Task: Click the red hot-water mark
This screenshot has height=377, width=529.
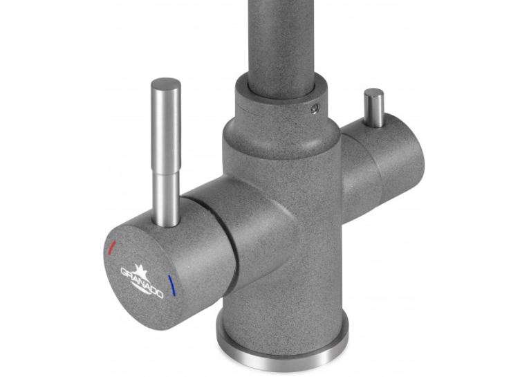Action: coord(112,248)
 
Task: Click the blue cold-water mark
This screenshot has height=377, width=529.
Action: coord(172,286)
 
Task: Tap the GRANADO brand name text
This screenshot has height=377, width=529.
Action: coord(142,283)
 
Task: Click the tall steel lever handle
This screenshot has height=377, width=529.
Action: coord(165,152)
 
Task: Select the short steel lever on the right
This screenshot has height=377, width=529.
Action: coord(373,107)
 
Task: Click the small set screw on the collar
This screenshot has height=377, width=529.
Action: coord(315,108)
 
